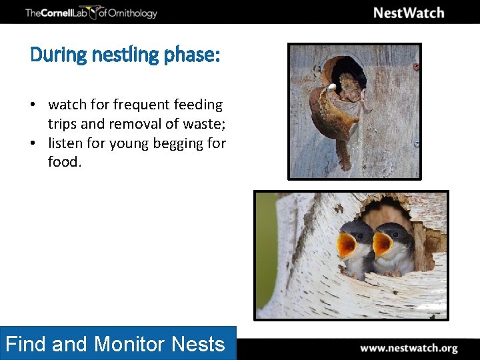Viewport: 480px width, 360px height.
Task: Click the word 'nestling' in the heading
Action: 124,55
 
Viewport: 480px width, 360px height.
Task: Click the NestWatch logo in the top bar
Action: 408,13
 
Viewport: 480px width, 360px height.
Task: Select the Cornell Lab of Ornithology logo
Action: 91,13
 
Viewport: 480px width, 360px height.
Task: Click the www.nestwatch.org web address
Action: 409,348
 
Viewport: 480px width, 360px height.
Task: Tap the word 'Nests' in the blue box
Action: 198,344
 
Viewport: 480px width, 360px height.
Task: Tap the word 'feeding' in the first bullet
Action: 198,105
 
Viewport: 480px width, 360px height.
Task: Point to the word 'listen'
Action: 65,143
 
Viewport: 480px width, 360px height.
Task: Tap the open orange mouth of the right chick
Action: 381,245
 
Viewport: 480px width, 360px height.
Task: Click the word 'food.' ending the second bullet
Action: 65,162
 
